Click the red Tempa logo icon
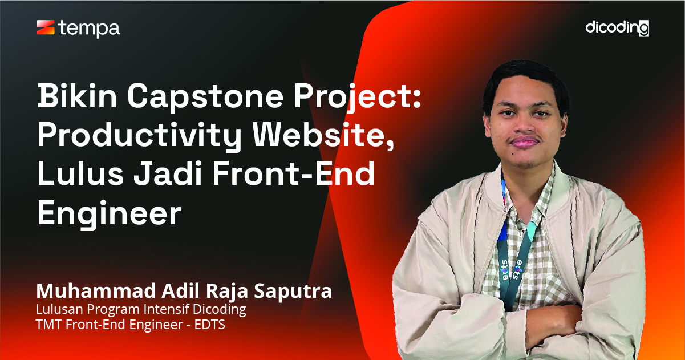click(x=46, y=27)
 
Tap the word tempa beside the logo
click(x=90, y=29)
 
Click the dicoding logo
click(x=617, y=28)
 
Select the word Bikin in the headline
click(x=77, y=96)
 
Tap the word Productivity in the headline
click(x=139, y=137)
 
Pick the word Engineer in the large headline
click(x=109, y=214)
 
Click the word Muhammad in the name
click(x=96, y=290)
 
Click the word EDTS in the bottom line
click(x=210, y=325)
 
